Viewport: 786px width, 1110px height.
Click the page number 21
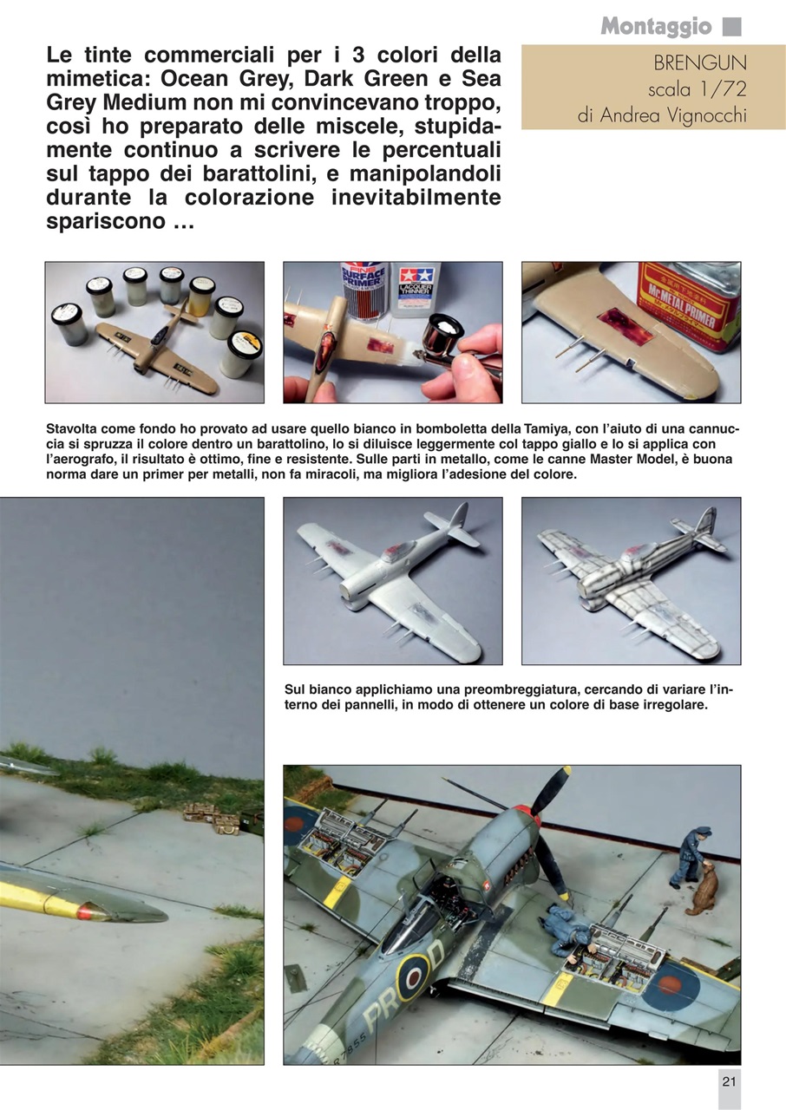(729, 1081)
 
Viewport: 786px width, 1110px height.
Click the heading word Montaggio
(656, 27)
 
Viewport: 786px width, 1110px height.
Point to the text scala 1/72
(696, 90)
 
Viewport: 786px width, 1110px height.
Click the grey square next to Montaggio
(731, 27)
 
